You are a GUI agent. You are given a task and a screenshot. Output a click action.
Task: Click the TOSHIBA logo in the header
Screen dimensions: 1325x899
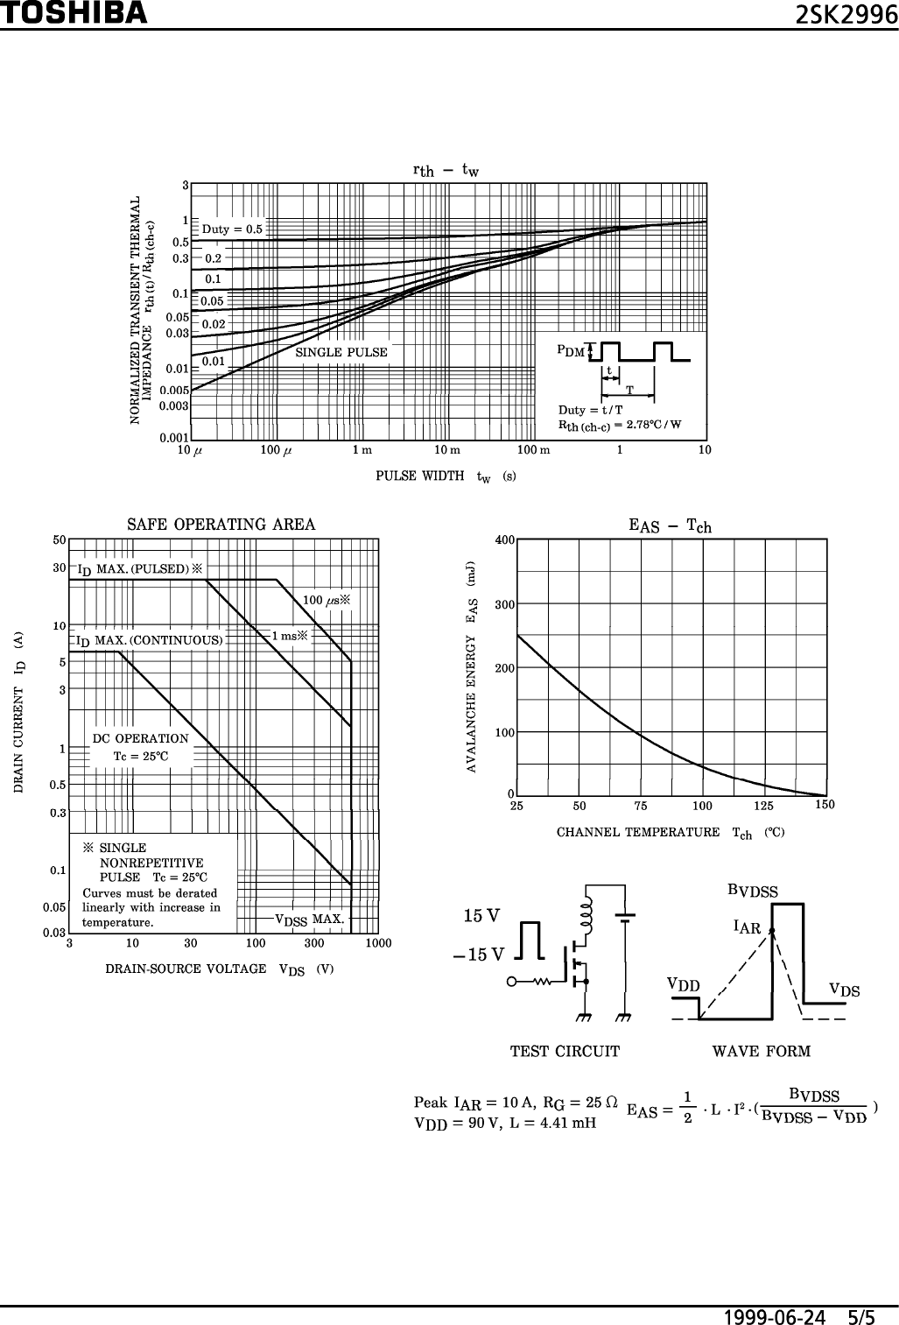click(x=74, y=13)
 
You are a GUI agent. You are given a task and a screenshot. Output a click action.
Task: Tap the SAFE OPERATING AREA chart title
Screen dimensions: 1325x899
click(x=221, y=525)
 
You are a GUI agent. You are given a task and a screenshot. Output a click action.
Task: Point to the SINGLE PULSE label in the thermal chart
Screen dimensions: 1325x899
click(x=341, y=353)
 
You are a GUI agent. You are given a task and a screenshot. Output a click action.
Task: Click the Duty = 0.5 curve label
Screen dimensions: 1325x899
click(x=232, y=229)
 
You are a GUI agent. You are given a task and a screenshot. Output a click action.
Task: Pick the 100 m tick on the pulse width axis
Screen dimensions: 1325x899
click(x=533, y=450)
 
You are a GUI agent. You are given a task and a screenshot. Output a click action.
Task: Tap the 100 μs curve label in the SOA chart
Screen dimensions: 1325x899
click(x=326, y=600)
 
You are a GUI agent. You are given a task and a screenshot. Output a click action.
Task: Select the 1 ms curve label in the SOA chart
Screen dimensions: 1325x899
click(x=290, y=636)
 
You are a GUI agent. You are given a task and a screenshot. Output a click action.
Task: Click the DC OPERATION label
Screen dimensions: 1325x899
click(x=141, y=738)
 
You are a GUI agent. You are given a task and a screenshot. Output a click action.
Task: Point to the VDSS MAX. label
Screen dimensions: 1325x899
click(x=310, y=919)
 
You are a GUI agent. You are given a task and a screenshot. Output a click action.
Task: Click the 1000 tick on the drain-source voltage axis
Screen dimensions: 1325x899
click(x=378, y=943)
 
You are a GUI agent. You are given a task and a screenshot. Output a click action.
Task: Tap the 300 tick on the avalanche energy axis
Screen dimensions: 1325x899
click(x=503, y=604)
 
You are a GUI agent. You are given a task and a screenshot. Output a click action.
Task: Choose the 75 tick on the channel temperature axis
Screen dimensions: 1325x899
click(x=641, y=806)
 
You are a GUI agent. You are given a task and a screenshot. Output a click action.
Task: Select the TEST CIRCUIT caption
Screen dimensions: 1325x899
click(x=565, y=1051)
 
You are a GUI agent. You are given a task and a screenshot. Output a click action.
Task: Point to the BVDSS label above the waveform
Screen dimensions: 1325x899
click(x=753, y=892)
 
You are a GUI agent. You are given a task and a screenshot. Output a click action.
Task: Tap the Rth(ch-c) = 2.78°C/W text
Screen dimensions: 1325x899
click(x=620, y=426)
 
